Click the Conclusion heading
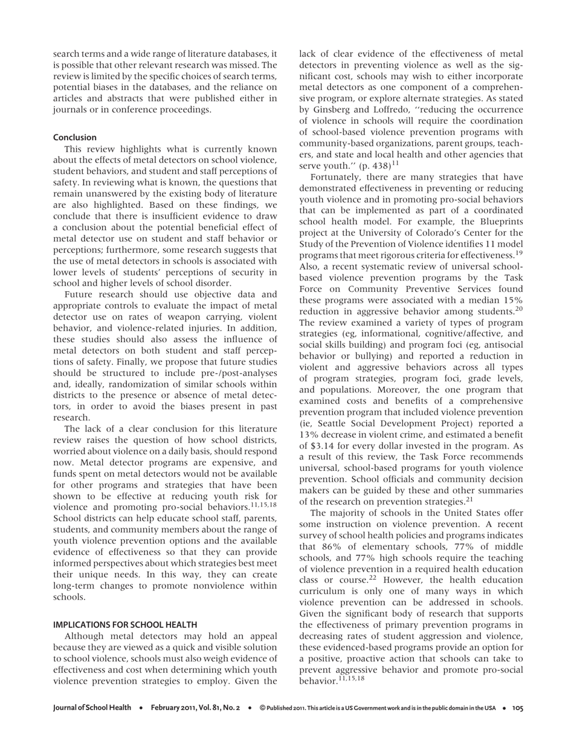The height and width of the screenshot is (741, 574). point(74,137)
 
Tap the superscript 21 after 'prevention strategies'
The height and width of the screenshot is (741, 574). point(469,499)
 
